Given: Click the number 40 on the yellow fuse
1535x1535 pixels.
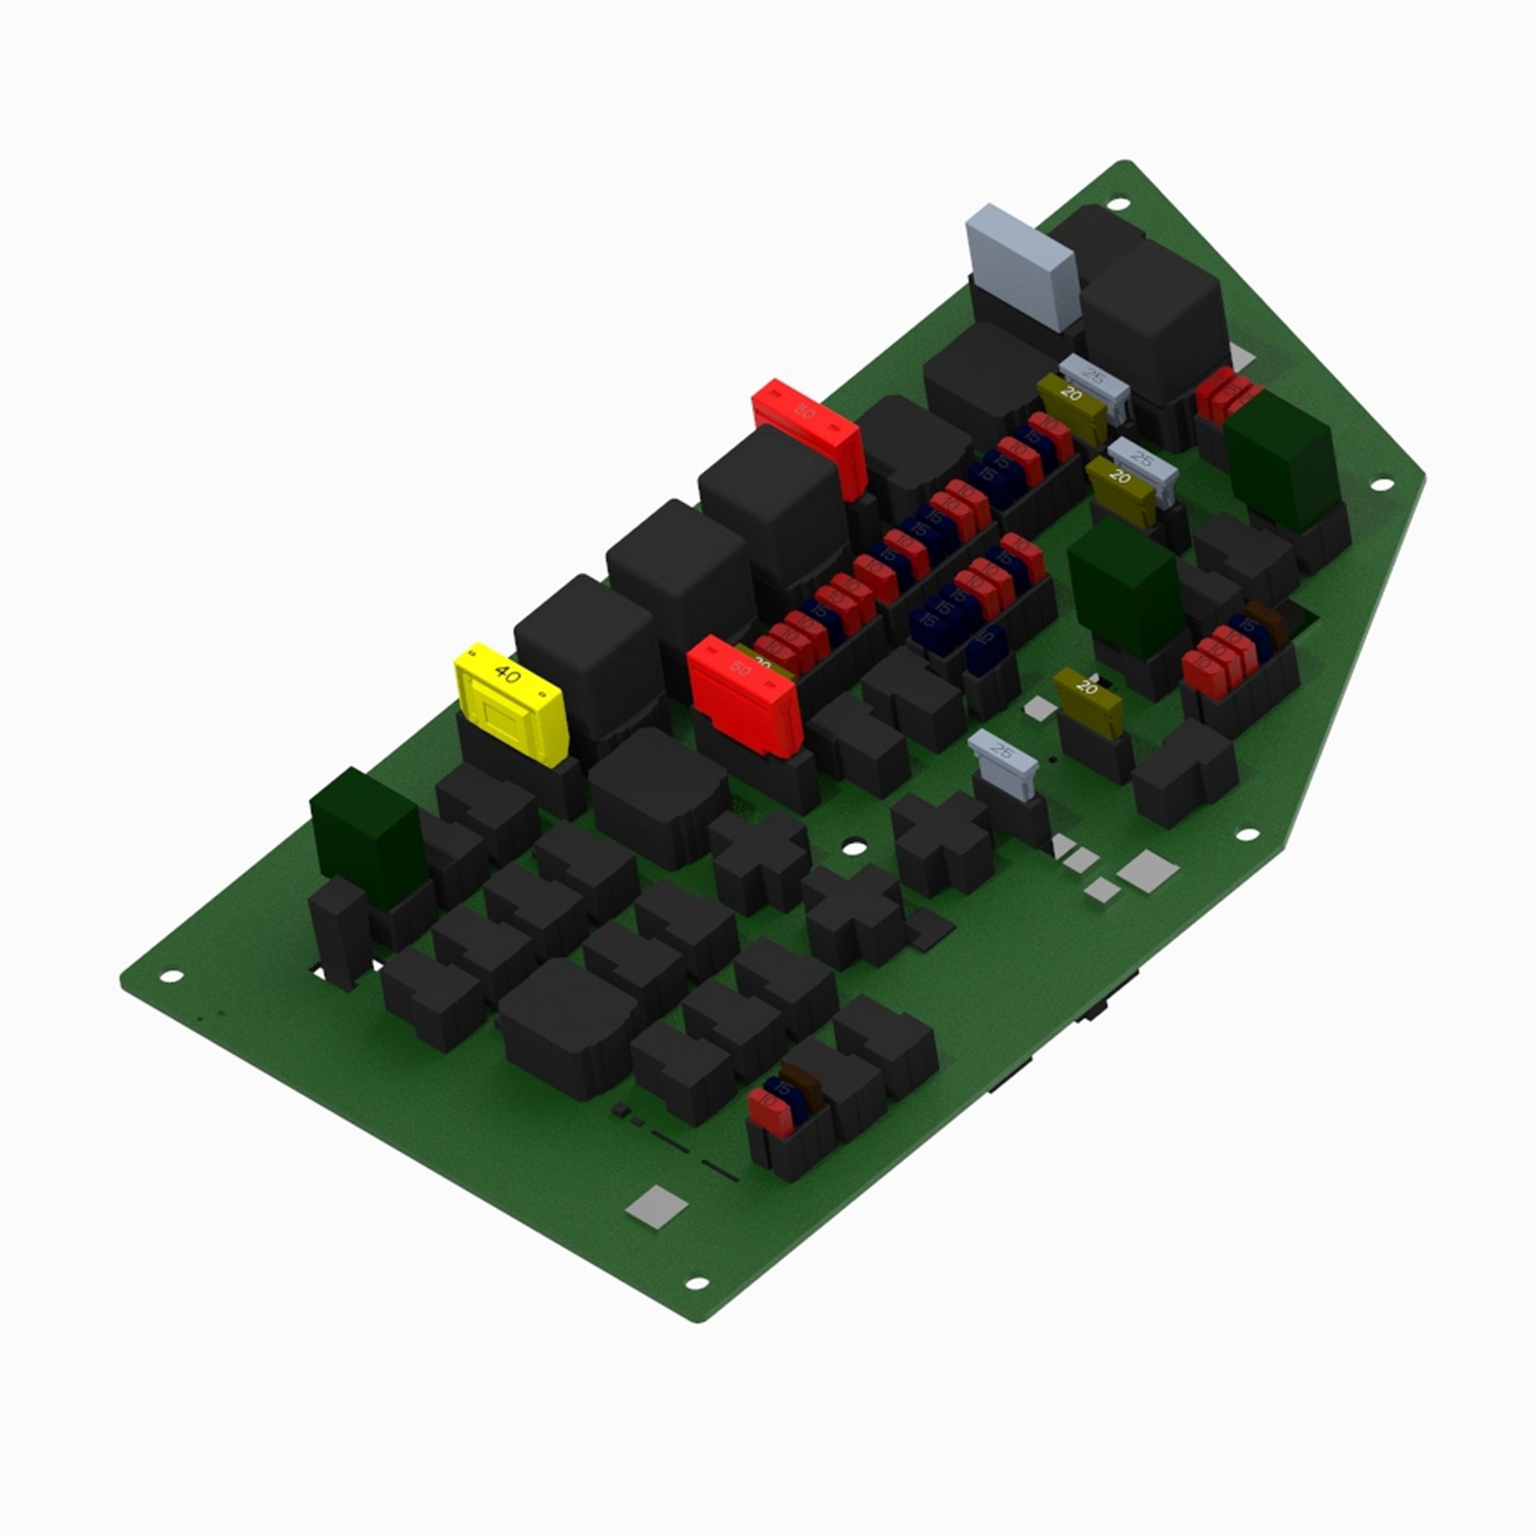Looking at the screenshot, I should (507, 674).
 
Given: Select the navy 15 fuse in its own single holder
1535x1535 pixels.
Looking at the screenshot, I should (986, 643).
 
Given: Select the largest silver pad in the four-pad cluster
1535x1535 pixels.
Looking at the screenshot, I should (1148, 869).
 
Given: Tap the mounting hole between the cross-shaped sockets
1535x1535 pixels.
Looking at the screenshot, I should (852, 849).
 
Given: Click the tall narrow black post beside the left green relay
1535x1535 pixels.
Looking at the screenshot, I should (338, 930).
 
